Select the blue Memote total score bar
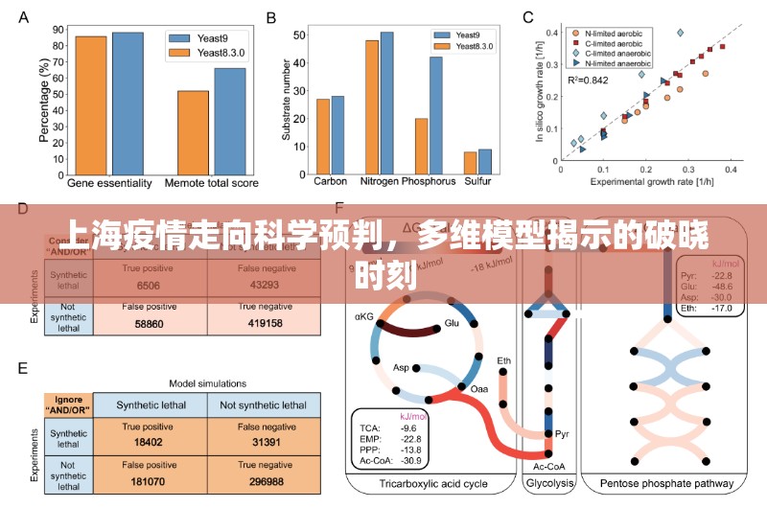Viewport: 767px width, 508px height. pos(230,119)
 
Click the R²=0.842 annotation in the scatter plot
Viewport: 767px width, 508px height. pos(588,80)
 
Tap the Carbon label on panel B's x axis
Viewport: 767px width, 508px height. pos(330,180)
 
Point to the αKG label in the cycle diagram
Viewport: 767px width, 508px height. pos(363,315)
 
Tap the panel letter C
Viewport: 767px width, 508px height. pos(527,17)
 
